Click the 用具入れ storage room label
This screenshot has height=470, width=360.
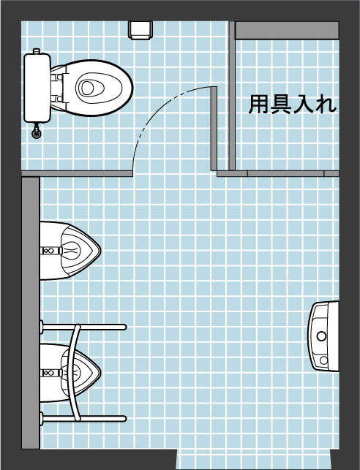tap(293, 105)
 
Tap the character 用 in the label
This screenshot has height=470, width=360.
tap(259, 105)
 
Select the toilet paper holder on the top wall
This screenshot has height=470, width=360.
tap(140, 30)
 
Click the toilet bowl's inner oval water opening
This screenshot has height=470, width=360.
tap(88, 88)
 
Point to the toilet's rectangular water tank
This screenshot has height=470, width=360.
tap(37, 88)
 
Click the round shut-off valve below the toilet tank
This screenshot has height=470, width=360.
tap(37, 132)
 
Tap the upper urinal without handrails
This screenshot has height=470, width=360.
tap(70, 251)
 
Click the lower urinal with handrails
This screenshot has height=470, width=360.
tap(70, 374)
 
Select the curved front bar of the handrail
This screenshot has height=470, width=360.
tap(74, 374)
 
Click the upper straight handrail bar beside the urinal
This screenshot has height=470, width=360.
tap(83, 327)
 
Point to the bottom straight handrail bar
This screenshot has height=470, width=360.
tap(83, 418)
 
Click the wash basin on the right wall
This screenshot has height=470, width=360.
tap(323, 336)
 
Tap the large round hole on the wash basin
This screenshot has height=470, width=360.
tap(322, 336)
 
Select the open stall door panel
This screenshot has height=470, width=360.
tap(214, 129)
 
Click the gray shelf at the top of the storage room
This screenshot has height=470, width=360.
tap(287, 30)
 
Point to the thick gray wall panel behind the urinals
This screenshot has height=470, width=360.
tap(31, 313)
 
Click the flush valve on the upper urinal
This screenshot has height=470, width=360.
tap(50, 251)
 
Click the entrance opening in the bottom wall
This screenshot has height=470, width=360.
tap(254, 459)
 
